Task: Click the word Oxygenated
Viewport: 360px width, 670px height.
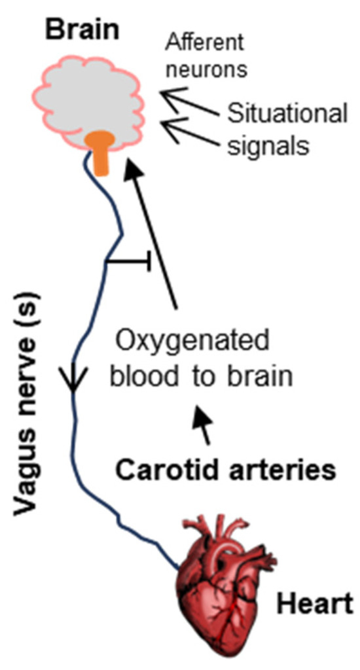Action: tap(192, 344)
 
